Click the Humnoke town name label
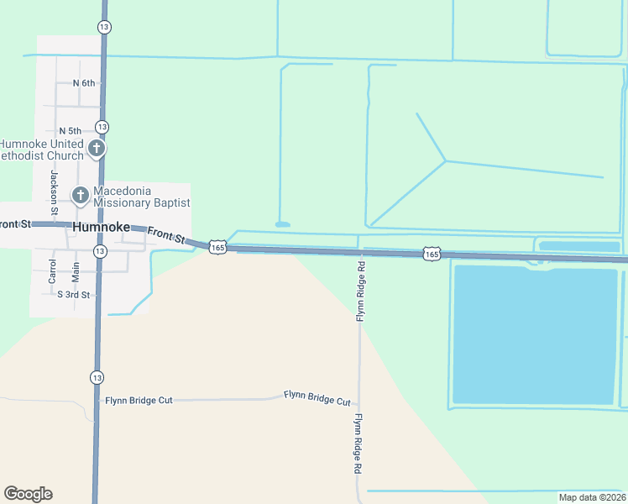click(x=102, y=228)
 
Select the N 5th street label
click(x=70, y=131)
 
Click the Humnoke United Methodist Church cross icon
click(x=97, y=149)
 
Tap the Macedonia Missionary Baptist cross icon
click(x=81, y=196)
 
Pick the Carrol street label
click(x=52, y=270)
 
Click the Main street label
click(x=76, y=271)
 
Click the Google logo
click(x=28, y=494)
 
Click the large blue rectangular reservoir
click(x=535, y=334)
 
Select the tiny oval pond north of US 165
click(x=282, y=224)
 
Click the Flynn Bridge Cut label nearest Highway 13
click(x=139, y=401)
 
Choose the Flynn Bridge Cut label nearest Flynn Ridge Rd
click(x=317, y=398)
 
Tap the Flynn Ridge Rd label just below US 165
click(x=360, y=291)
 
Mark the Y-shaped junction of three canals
click(x=445, y=160)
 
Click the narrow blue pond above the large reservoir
click(x=578, y=246)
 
